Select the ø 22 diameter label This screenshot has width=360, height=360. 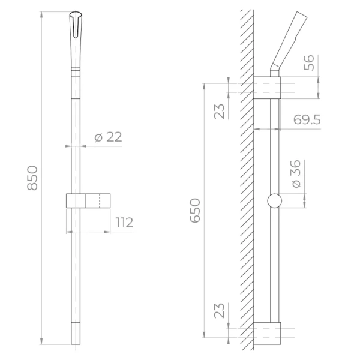[x=108, y=137]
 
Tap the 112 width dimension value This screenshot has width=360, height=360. [x=124, y=223]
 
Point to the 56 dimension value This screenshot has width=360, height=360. [x=309, y=62]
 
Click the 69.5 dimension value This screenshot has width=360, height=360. [x=307, y=120]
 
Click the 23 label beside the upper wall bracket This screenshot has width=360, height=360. [x=220, y=110]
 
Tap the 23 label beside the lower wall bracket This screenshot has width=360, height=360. [x=220, y=310]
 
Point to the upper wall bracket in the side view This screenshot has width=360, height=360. [x=266, y=88]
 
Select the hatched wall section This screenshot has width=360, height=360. [x=245, y=180]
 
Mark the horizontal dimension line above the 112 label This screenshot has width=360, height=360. [x=90, y=232]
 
